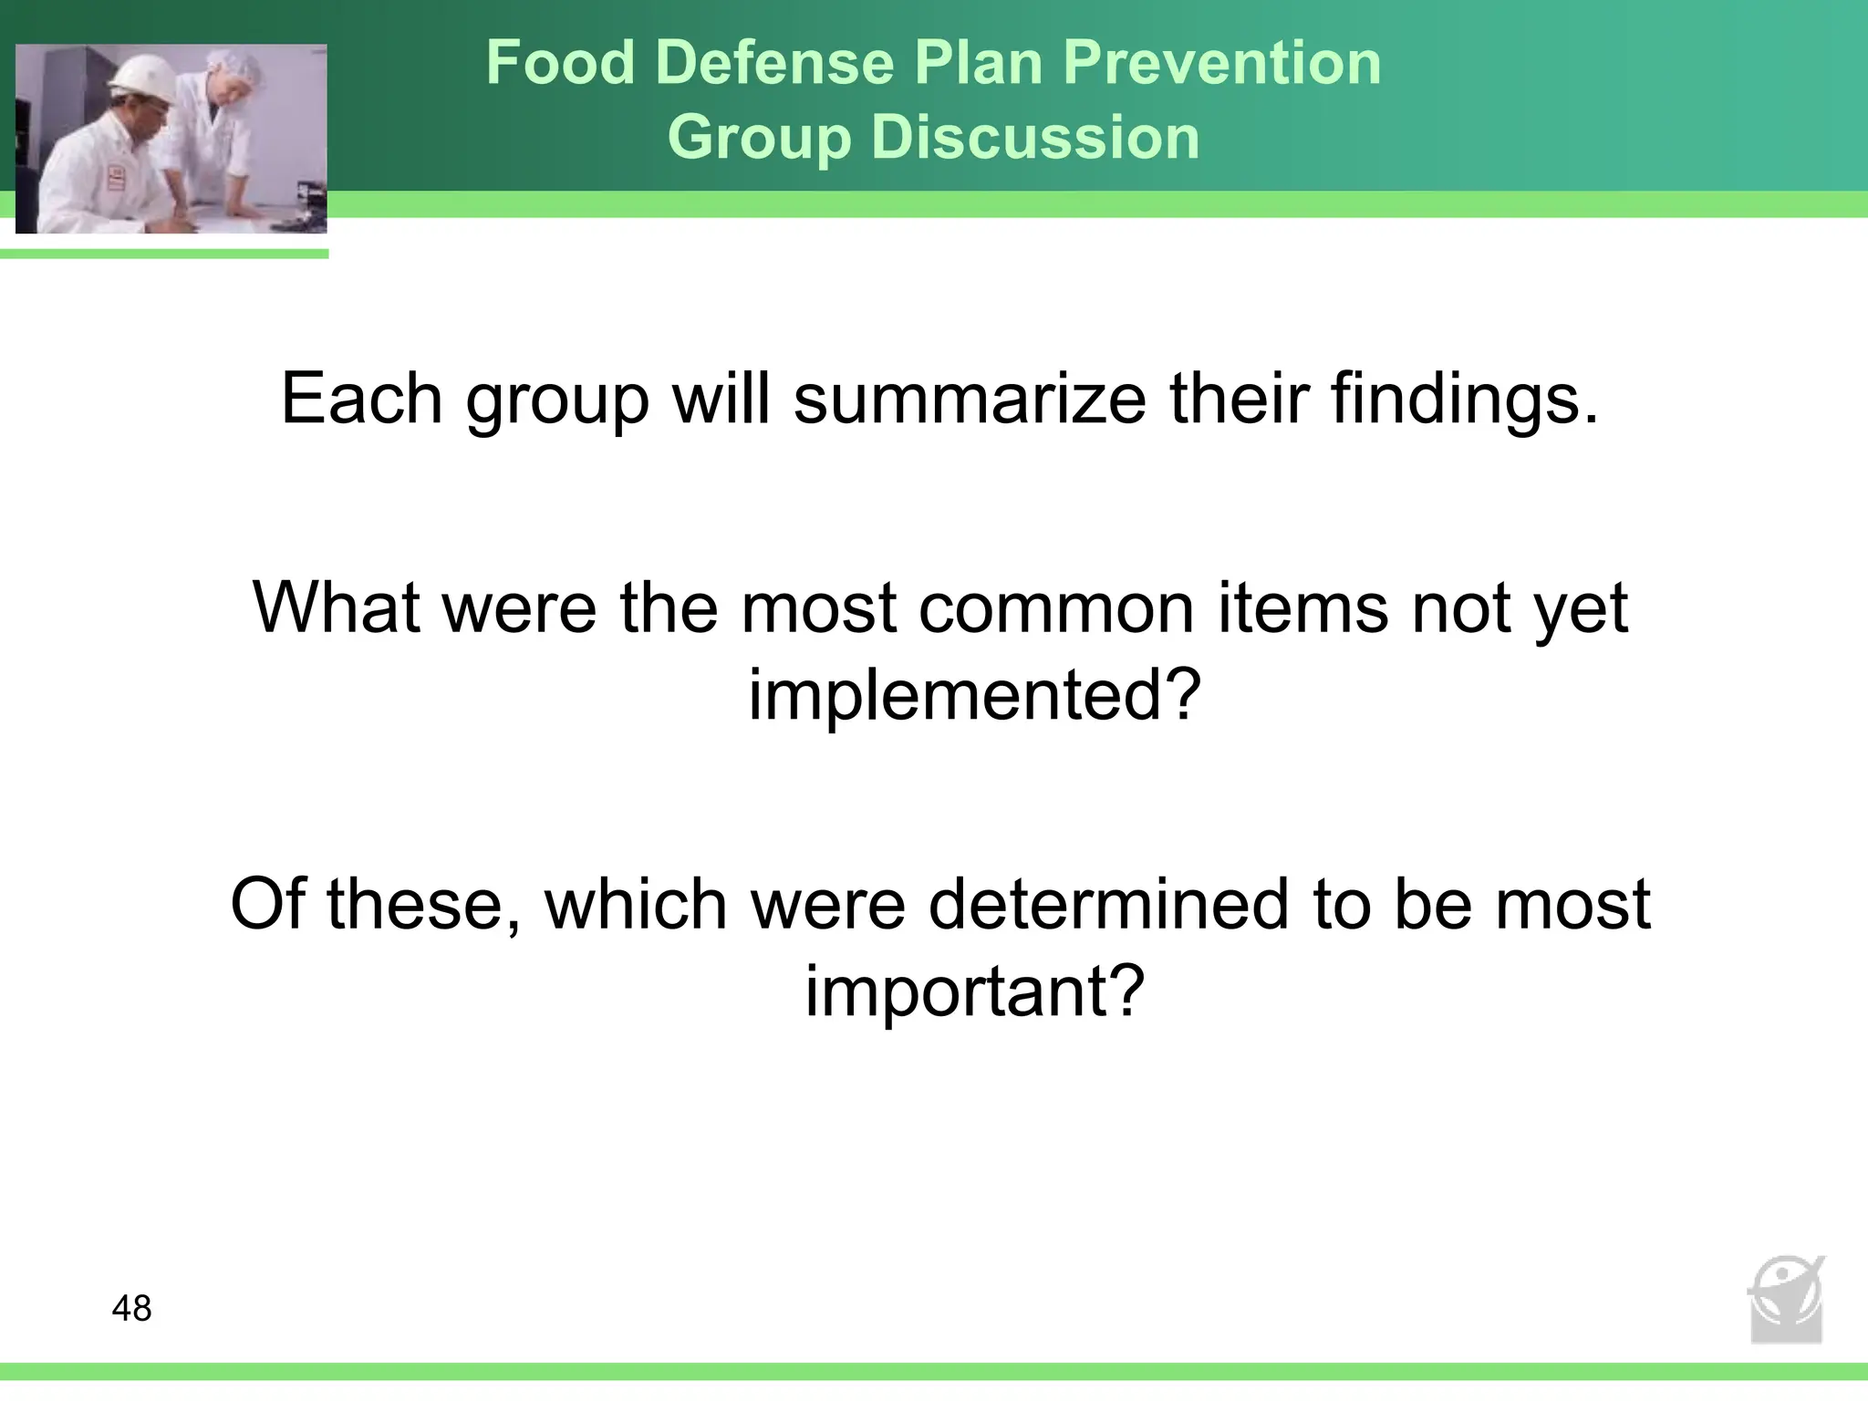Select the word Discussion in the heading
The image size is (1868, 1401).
1035,138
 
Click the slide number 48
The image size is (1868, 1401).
131,1308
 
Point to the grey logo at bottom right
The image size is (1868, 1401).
1786,1301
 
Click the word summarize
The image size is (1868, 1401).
969,399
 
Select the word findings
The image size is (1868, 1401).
1465,399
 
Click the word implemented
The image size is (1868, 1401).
973,694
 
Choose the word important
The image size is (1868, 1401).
973,991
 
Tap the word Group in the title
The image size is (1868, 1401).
759,138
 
